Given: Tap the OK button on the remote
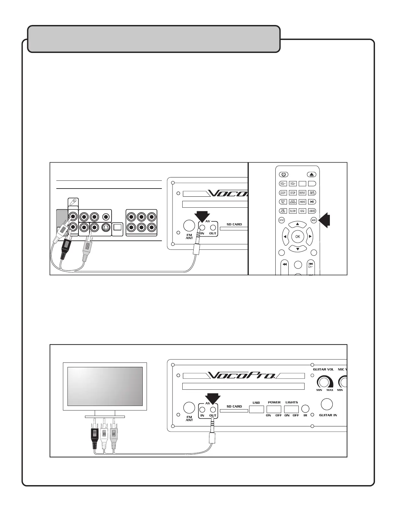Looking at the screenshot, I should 297,237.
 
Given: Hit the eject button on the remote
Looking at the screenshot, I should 312,174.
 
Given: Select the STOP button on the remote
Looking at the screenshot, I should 293,193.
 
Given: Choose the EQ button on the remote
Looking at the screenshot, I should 302,211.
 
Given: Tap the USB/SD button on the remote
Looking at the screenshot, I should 312,211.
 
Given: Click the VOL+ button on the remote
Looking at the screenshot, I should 293,184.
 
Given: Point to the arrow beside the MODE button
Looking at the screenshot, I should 325,220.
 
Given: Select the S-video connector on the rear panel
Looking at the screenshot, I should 105,227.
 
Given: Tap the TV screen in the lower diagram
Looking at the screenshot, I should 105,386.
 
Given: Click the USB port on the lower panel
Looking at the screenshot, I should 256,409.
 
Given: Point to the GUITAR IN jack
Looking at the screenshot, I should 327,405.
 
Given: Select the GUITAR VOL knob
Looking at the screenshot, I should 323,382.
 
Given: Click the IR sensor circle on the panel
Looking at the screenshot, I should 305,409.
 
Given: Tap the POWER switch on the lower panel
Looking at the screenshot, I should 274,409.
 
